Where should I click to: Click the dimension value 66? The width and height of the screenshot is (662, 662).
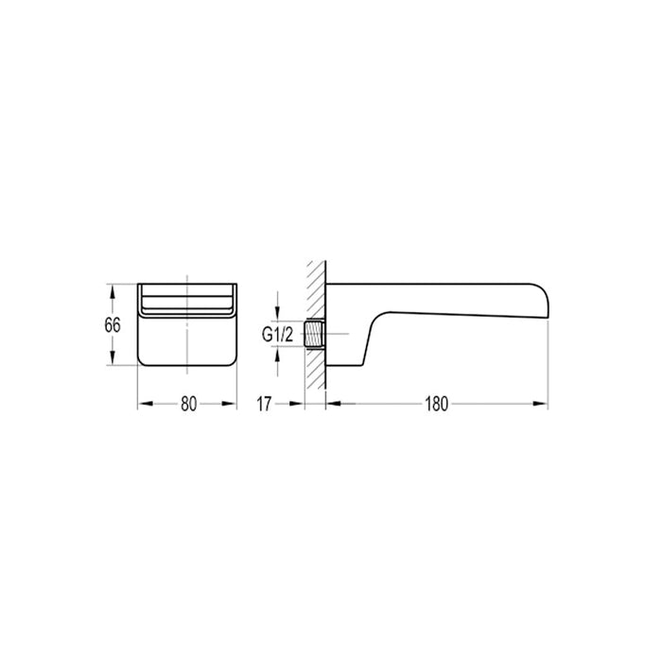point(113,324)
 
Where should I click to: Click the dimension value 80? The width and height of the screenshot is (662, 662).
point(188,404)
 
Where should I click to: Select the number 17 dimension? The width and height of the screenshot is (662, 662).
point(264,404)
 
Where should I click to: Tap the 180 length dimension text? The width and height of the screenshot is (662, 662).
point(436,404)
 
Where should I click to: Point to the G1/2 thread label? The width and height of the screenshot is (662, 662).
point(277,334)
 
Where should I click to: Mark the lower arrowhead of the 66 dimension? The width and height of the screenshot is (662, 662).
point(113,360)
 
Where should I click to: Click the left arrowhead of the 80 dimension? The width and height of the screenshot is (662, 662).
point(145,404)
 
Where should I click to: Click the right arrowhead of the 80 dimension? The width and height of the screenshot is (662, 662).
point(230,404)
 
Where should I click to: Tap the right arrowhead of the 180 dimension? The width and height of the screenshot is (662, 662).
point(542,404)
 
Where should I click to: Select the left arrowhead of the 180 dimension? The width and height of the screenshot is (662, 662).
point(331,404)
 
